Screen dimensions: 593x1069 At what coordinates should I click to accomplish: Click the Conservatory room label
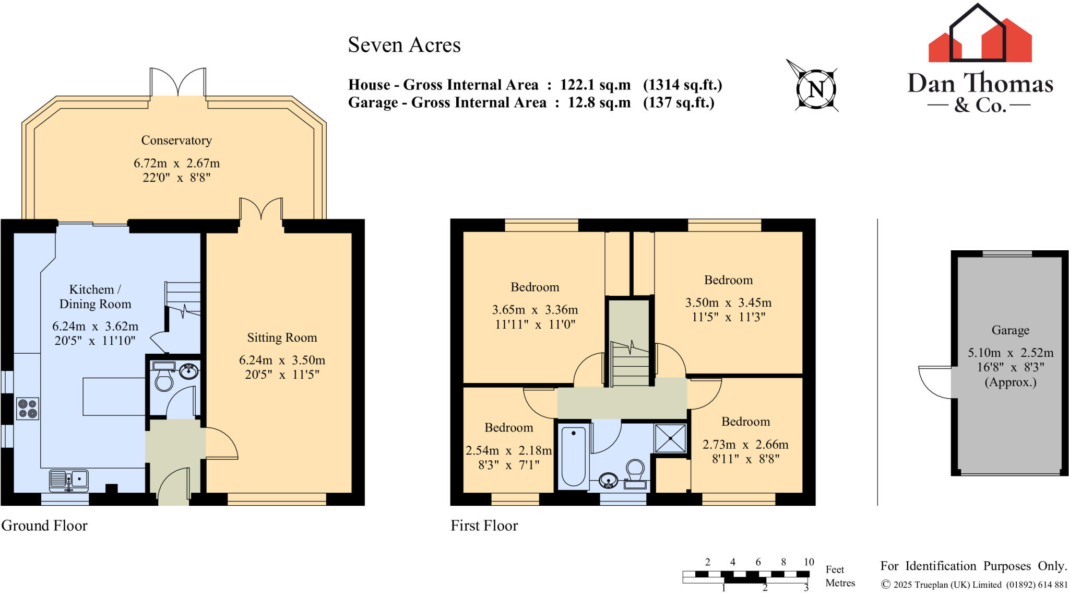coord(176,141)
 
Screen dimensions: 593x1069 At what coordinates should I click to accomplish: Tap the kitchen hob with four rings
coord(28,409)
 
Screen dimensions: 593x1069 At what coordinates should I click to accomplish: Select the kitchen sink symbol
coord(69,480)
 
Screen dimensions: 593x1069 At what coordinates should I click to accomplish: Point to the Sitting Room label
coord(282,338)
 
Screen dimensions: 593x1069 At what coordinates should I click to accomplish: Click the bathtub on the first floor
coord(573,457)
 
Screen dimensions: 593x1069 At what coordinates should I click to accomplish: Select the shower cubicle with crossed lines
coord(671,438)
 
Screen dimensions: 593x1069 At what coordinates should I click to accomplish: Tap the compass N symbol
coord(816,89)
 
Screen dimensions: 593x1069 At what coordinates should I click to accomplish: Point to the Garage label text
coord(1010,330)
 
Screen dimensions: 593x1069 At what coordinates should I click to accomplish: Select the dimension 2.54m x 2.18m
coord(508,450)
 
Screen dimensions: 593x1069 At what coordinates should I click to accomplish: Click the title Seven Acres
coord(404,45)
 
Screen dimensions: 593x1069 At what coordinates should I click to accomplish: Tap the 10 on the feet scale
coord(809,562)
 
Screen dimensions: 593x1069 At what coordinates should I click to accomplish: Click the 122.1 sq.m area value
coord(595,85)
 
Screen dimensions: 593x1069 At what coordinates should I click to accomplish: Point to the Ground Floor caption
coord(44,526)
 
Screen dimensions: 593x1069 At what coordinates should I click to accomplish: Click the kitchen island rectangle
coord(114,397)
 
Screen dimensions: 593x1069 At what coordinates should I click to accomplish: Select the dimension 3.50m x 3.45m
coord(728,303)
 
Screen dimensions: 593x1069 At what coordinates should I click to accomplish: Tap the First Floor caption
coord(484,526)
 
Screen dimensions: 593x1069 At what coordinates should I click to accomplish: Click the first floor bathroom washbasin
coord(609,479)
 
